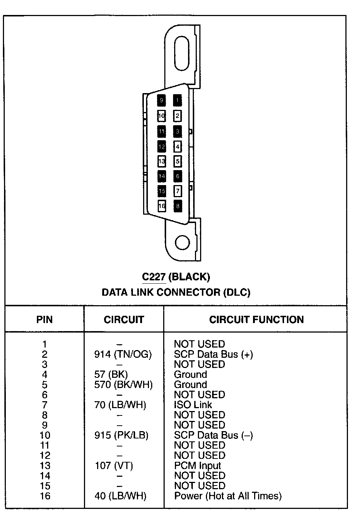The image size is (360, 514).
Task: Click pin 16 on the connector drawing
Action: point(162,206)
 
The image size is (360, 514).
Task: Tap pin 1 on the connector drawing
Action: point(177,100)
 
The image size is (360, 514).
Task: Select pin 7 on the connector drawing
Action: point(177,191)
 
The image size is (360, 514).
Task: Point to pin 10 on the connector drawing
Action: point(162,116)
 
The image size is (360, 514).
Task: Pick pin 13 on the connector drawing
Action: point(162,161)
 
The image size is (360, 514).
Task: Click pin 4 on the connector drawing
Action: point(177,147)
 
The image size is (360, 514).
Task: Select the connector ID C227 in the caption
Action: point(154,277)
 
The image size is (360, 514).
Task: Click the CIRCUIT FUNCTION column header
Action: point(256,320)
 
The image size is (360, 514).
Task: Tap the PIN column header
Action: point(45,320)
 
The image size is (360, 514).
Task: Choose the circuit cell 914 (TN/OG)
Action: point(123,354)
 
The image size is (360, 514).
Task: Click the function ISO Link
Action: point(193,405)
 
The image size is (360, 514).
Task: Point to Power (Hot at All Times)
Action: point(228,496)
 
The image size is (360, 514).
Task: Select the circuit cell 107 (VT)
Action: point(114,465)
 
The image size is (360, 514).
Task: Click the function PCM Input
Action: point(198,465)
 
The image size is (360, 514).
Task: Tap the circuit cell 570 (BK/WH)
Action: point(123,384)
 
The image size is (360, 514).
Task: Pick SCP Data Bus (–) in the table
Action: point(213,435)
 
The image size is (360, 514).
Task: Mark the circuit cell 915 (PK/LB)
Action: point(121,435)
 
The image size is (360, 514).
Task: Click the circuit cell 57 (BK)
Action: point(111,375)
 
